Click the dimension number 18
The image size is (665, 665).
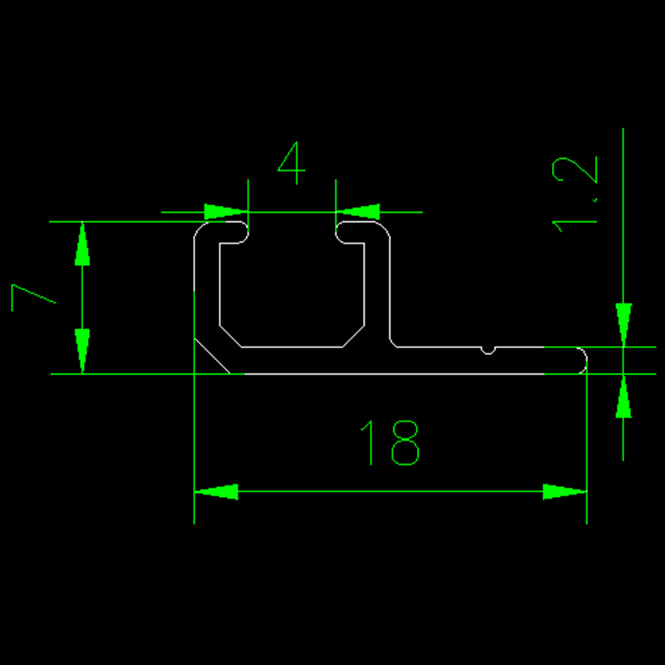pos(390,442)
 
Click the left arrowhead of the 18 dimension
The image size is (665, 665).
pos(216,491)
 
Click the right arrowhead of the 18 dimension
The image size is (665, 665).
pos(564,491)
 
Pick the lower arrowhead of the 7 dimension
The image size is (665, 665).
pos(82,352)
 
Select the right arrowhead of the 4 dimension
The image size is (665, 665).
pos(357,211)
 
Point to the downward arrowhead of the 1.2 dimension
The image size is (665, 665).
pos(623,324)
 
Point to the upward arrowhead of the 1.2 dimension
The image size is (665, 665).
pos(623,397)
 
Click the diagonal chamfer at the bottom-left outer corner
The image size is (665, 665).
pos(212,357)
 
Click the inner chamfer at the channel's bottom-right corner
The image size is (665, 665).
pos(353,336)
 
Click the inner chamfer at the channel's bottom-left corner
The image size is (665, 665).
pos(229,336)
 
